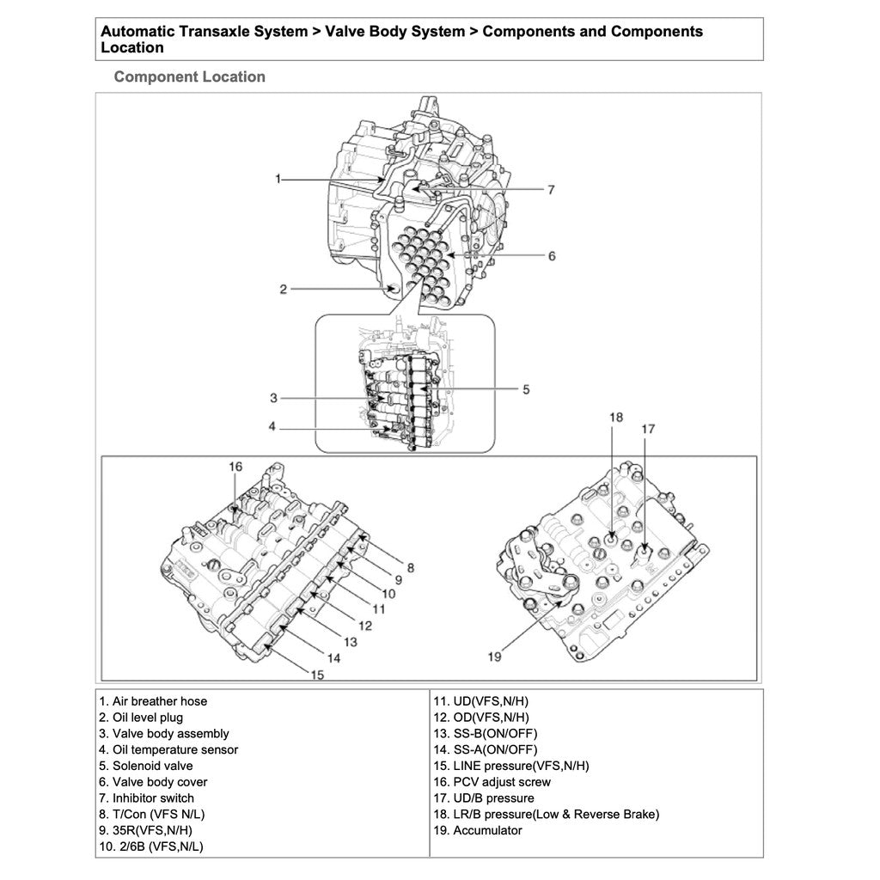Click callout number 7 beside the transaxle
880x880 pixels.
[551, 189]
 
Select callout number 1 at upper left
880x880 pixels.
[278, 179]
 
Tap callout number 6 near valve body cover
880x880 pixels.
[551, 255]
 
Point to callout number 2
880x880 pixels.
[283, 290]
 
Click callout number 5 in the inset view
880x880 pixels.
[525, 389]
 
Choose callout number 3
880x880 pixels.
[273, 398]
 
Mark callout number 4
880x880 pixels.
[272, 427]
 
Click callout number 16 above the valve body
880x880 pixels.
[235, 467]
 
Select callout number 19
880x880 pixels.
[493, 657]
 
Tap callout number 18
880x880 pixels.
[615, 418]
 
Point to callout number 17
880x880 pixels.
[648, 427]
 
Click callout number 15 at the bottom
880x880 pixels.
[317, 675]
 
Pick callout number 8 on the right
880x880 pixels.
[410, 567]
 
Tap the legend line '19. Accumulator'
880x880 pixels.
[479, 830]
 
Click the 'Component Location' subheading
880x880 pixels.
[189, 76]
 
